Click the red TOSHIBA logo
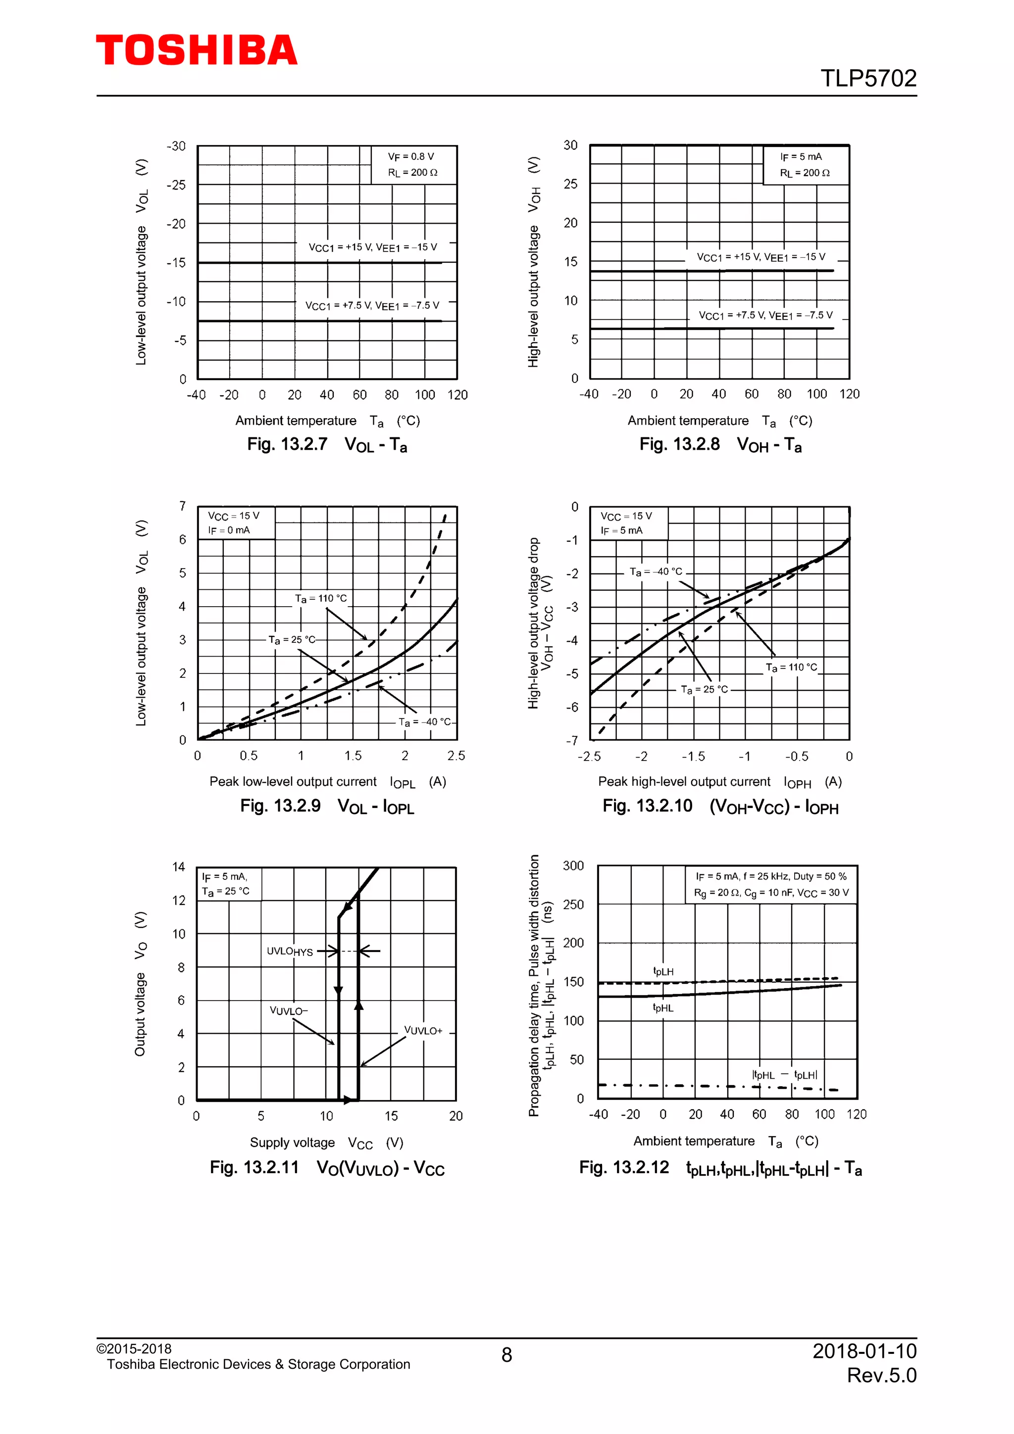pyautogui.click(x=196, y=50)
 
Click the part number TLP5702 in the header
pyautogui.click(x=868, y=79)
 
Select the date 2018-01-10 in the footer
pyautogui.click(x=864, y=1351)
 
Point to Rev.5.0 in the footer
pyautogui.click(x=881, y=1375)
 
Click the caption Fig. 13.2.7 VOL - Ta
pyautogui.click(x=327, y=445)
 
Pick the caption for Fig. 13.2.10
pyautogui.click(x=720, y=806)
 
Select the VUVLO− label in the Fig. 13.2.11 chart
pyautogui.click(x=289, y=1010)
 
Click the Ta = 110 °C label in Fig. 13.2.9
pyautogui.click(x=320, y=598)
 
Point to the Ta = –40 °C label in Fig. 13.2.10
pyautogui.click(x=656, y=572)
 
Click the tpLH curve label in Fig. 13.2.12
pyautogui.click(x=663, y=972)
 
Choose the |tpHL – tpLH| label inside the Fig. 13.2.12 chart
pyautogui.click(x=784, y=1075)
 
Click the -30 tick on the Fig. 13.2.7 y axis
pyautogui.click(x=176, y=146)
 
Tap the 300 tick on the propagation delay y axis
pyautogui.click(x=573, y=865)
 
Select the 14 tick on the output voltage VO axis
pyautogui.click(x=179, y=867)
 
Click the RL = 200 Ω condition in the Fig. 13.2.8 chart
pyautogui.click(x=804, y=173)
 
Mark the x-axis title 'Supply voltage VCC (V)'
pyautogui.click(x=326, y=1143)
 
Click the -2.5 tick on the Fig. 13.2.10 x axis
pyautogui.click(x=589, y=757)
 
